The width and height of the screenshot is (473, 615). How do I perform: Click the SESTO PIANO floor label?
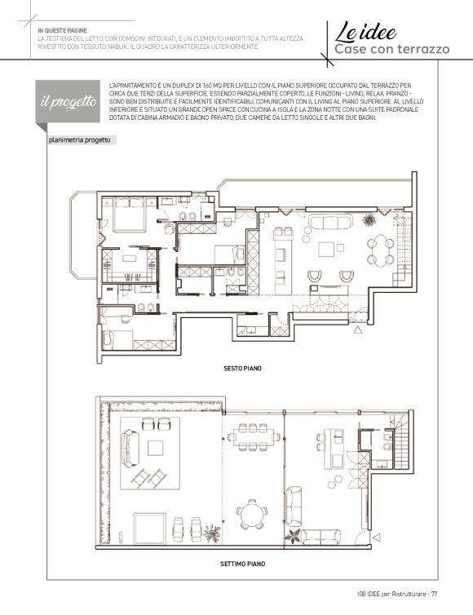pos(242,369)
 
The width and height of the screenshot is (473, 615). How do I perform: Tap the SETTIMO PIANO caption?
pos(242,564)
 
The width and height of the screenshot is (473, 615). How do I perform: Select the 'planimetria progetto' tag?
pos(80,140)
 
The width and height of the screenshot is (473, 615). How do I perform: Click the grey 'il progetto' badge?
pos(68,101)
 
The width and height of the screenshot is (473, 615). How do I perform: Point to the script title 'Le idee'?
pos(365,32)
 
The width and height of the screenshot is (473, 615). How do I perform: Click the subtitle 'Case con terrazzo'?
pos(391,49)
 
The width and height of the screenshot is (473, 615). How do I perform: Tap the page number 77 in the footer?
pos(434,594)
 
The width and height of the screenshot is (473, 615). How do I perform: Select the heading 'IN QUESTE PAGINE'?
pos(62,31)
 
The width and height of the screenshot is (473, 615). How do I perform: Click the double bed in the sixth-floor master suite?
pos(130,215)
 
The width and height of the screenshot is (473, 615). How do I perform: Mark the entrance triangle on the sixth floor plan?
pos(358,330)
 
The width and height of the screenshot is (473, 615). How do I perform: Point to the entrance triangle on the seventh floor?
pos(377,538)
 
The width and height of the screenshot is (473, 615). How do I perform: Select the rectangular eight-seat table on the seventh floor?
pos(254,437)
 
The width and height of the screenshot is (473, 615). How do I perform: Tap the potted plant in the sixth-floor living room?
pos(369,220)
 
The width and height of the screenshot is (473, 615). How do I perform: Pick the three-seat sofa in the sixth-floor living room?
pos(330,222)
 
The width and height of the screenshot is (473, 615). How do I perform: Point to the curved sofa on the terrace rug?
pos(130,449)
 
